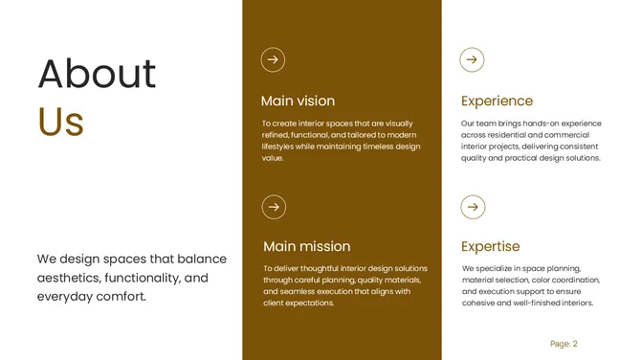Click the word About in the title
tap(97, 74)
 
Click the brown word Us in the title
tap(61, 123)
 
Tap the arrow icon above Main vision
tap(274, 59)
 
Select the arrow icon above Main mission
tap(275, 206)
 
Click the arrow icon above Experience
tap(472, 59)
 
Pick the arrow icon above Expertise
tap(473, 206)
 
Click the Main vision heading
tap(298, 101)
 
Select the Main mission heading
tap(306, 246)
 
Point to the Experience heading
tap(497, 101)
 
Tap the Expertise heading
tap(490, 246)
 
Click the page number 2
tap(575, 344)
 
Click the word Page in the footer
tap(560, 344)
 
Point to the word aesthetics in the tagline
tap(68, 278)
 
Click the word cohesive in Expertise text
tap(478, 303)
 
